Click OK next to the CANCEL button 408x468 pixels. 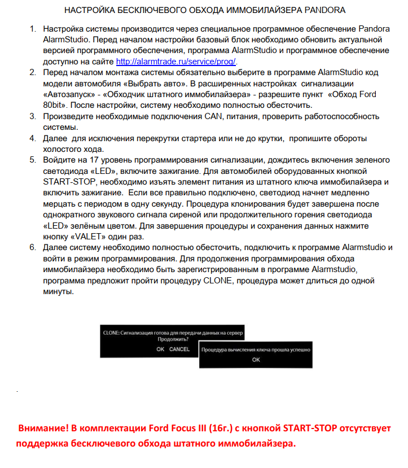click(160, 349)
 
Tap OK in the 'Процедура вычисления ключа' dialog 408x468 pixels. click(256, 360)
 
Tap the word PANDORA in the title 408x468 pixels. click(322, 10)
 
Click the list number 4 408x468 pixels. click(33, 138)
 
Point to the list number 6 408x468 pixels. click(33, 248)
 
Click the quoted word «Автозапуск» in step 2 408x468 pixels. click(65, 94)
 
